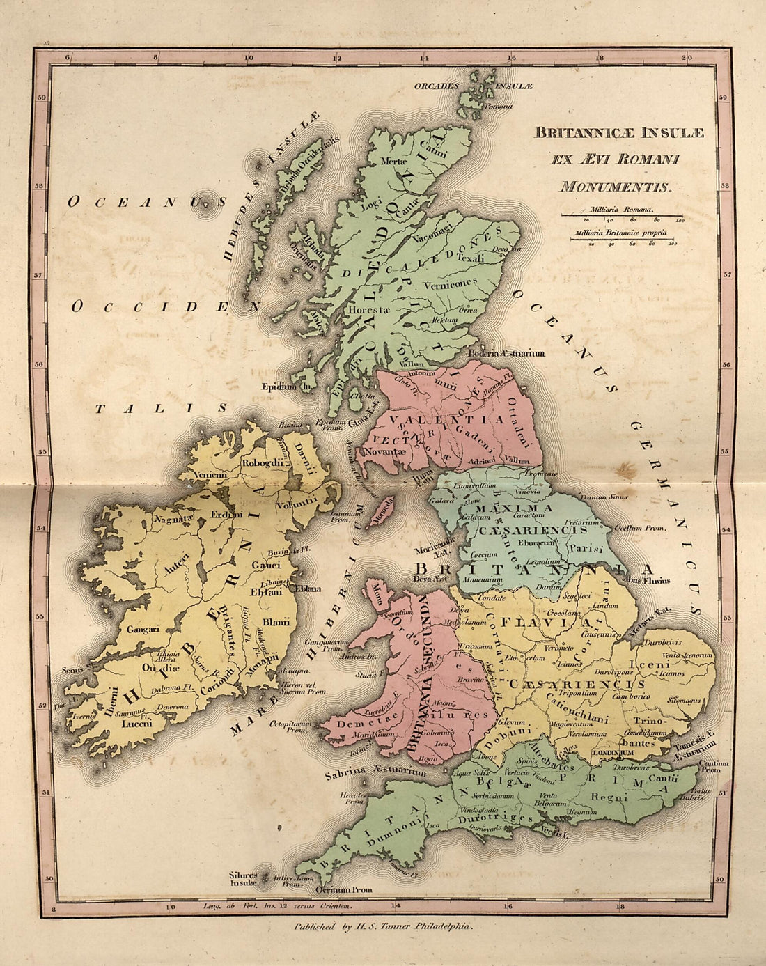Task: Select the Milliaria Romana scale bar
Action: tap(623, 215)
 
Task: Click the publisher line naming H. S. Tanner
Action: tap(382, 927)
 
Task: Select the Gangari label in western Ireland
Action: tap(143, 629)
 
